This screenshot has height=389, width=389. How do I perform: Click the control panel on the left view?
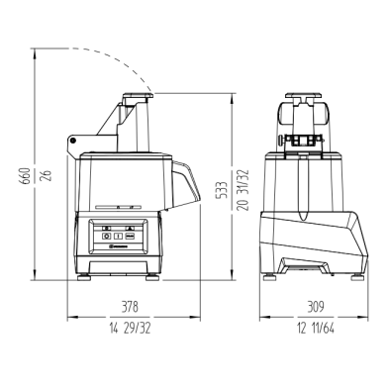click(119, 236)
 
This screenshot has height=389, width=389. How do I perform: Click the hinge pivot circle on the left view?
click(76, 146)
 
